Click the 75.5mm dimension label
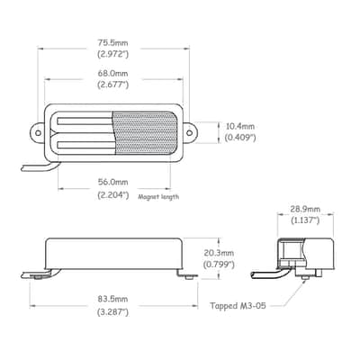tap(112, 43)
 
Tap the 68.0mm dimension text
tap(112, 73)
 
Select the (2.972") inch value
tap(112, 55)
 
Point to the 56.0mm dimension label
tap(112, 182)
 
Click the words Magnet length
tap(158, 197)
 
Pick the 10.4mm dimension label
tap(240, 126)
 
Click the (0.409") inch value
tap(240, 138)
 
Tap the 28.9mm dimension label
tap(305, 209)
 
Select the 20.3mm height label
tap(219, 253)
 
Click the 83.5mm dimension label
tap(112, 299)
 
